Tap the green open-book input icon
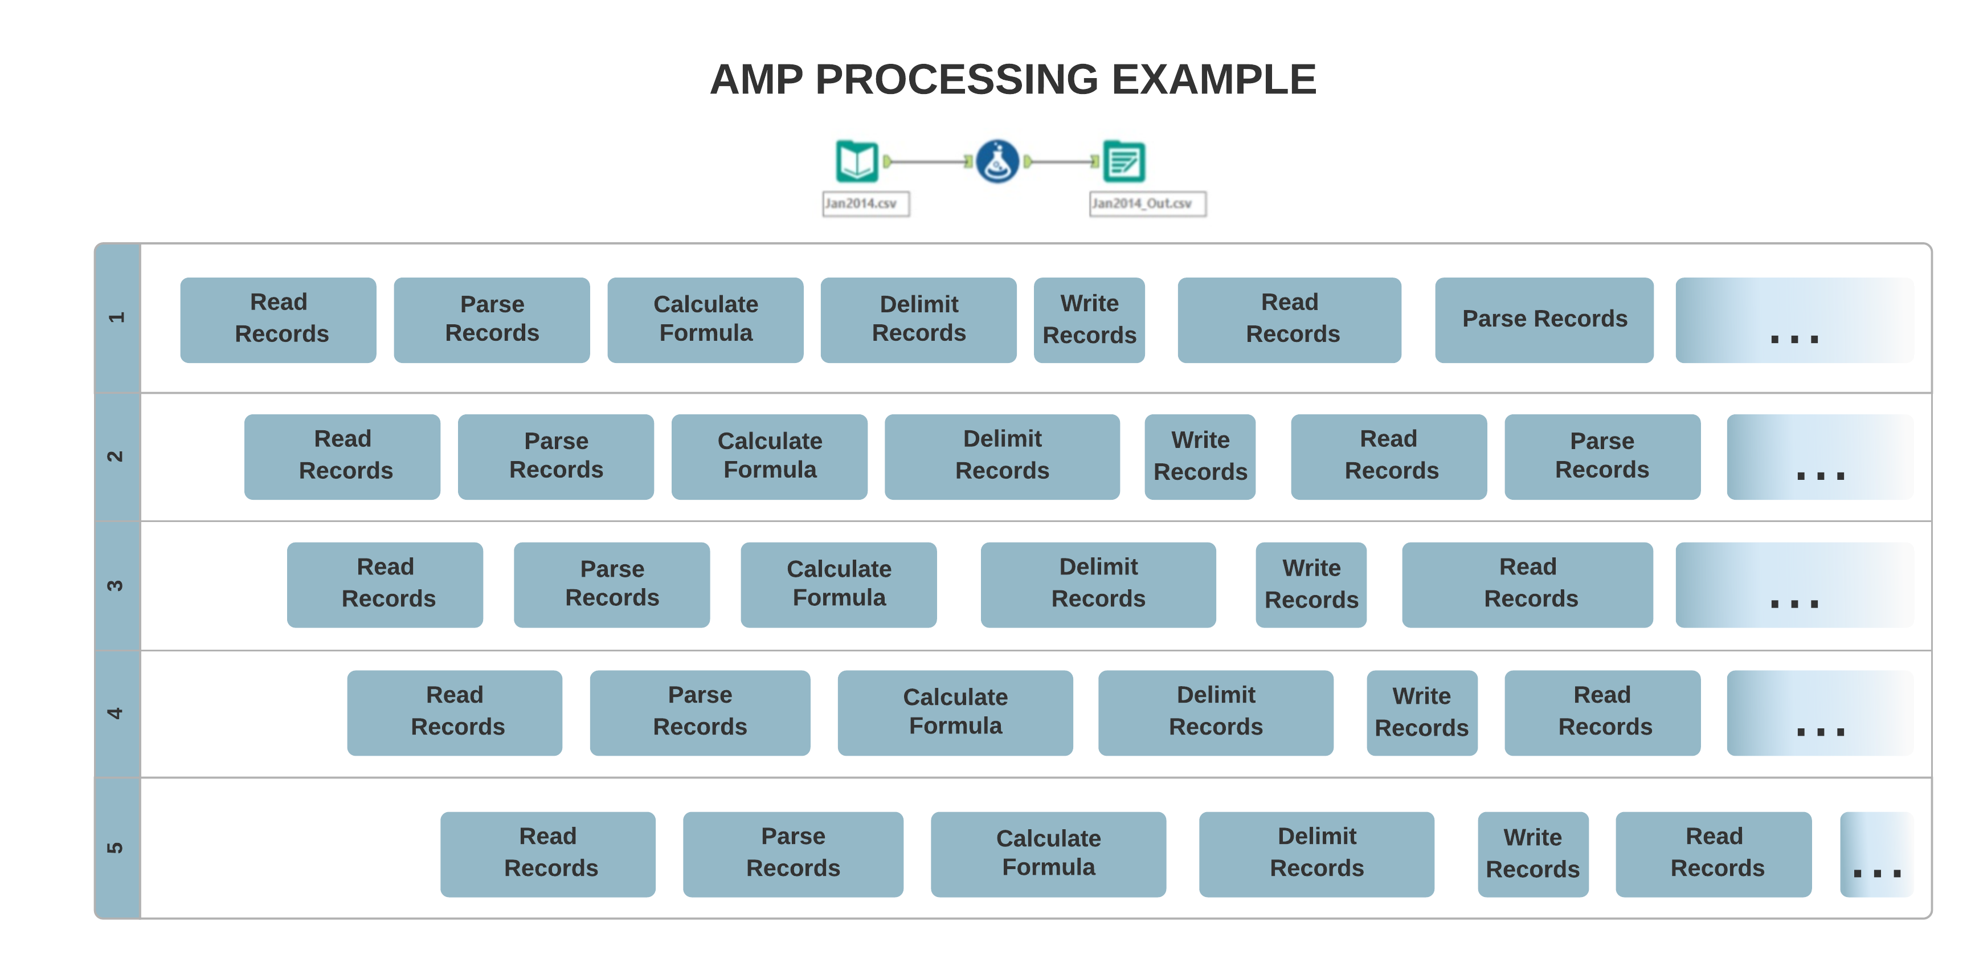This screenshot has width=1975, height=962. tap(856, 161)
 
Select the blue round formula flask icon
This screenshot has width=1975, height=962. tap(997, 161)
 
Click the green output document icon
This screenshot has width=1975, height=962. tap(1123, 162)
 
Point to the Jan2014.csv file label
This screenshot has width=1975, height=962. tap(865, 203)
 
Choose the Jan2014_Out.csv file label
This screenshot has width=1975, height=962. tap(1147, 203)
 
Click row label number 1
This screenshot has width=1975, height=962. tap(117, 317)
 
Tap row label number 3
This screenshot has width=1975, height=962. tap(117, 585)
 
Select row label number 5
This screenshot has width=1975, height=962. tap(117, 847)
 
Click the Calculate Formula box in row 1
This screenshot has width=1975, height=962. tap(705, 319)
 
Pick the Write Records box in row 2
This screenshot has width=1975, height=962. tap(1199, 456)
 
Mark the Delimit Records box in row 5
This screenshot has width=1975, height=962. tap(1316, 853)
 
